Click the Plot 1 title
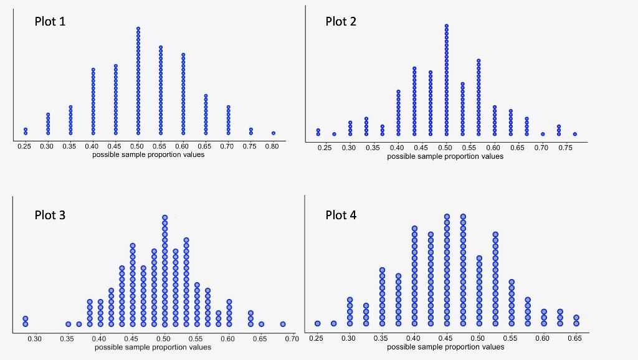click(50, 21)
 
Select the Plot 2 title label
click(341, 22)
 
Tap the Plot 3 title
click(50, 215)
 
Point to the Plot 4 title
click(341, 215)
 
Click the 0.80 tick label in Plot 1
click(272, 146)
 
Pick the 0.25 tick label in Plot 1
click(24, 146)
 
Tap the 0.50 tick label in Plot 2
click(445, 148)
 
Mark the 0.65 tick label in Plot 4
click(575, 338)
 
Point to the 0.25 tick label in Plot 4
click(316, 338)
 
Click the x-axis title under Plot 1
click(148, 154)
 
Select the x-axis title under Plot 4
click(445, 347)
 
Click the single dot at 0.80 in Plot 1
click(273, 133)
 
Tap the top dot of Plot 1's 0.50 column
click(138, 29)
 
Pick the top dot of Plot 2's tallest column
click(447, 26)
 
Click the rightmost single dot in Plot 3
click(283, 324)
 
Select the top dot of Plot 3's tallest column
click(164, 218)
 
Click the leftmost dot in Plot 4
click(318, 323)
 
